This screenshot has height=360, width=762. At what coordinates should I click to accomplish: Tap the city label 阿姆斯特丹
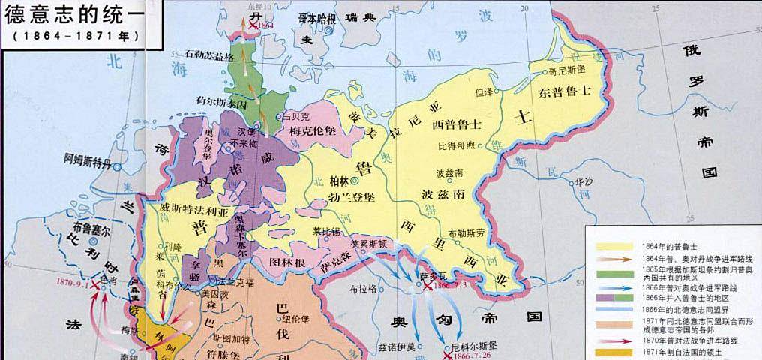click(87, 159)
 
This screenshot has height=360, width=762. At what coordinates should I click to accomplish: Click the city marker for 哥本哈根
click(331, 22)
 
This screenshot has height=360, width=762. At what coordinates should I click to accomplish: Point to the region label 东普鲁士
click(565, 91)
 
